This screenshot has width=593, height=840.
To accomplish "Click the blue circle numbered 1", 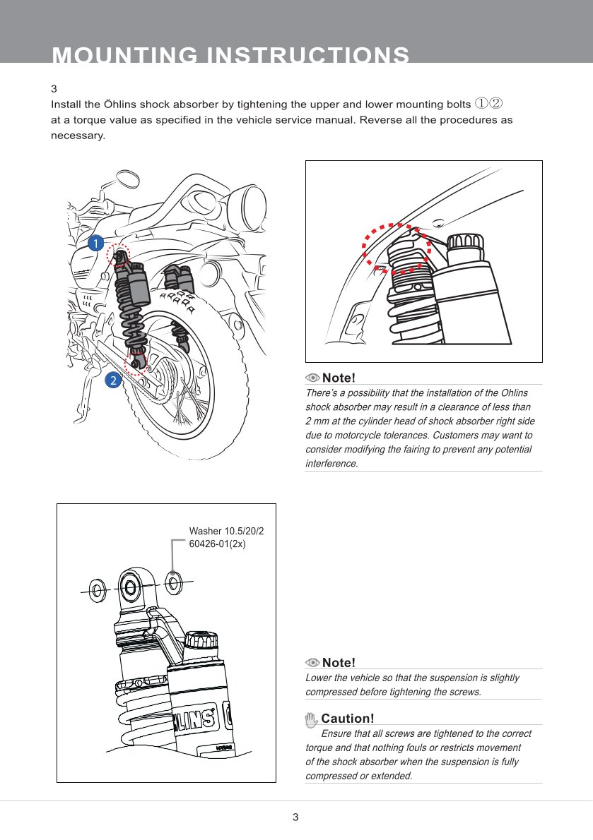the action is pos(95,244).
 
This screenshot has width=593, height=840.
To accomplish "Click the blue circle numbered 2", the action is pos(112,380).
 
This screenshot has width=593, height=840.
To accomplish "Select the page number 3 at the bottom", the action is pos(295,817).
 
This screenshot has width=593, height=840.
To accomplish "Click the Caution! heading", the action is pos(348,719).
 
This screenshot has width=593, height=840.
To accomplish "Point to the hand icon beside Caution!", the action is pos(311,719).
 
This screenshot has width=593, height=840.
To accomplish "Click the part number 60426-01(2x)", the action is pos(217,544).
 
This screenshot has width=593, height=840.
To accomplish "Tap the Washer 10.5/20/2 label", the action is pos(226,531).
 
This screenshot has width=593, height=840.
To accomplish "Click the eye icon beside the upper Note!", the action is pos(312,378).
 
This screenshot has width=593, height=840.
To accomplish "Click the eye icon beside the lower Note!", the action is pos(312,664).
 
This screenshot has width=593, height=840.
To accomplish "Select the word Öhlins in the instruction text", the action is pos(120,104).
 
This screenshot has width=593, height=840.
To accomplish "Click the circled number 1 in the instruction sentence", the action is pos(481,103).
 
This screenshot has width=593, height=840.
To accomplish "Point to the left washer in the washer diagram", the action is pos(98,590).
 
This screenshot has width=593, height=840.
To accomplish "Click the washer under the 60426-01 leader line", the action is pos(174,582).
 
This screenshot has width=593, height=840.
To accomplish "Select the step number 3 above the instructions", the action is pos(54,88).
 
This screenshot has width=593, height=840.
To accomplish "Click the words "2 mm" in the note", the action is pos(317,421).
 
